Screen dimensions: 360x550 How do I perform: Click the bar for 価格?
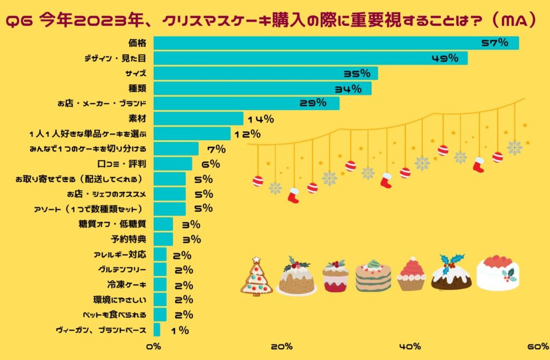(336, 43)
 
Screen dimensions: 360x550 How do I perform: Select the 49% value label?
(445, 58)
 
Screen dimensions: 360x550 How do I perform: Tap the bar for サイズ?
(265, 73)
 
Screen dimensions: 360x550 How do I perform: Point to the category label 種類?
(138, 88)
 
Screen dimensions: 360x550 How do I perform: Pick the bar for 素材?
(198, 119)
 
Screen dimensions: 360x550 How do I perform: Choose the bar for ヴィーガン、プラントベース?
(157, 330)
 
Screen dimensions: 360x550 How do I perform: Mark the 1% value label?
(180, 330)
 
